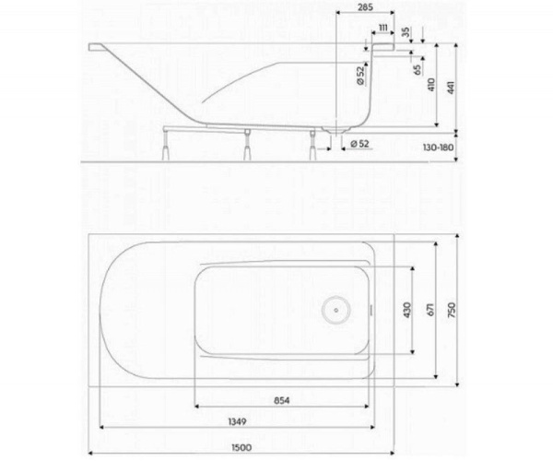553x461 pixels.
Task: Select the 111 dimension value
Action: (382, 30)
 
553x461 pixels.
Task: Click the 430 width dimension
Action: (406, 311)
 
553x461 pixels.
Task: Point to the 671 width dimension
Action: (429, 311)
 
